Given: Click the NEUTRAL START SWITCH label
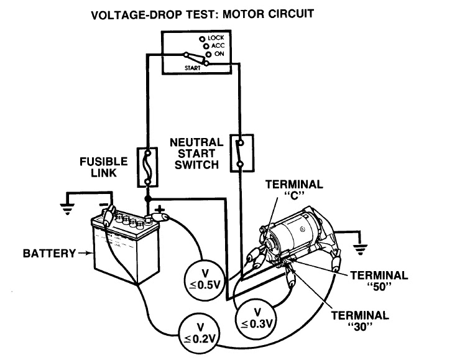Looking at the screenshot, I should coord(195,154).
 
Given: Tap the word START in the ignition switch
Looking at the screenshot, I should coord(192,67).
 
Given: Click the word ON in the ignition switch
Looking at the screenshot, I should coord(219,55).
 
